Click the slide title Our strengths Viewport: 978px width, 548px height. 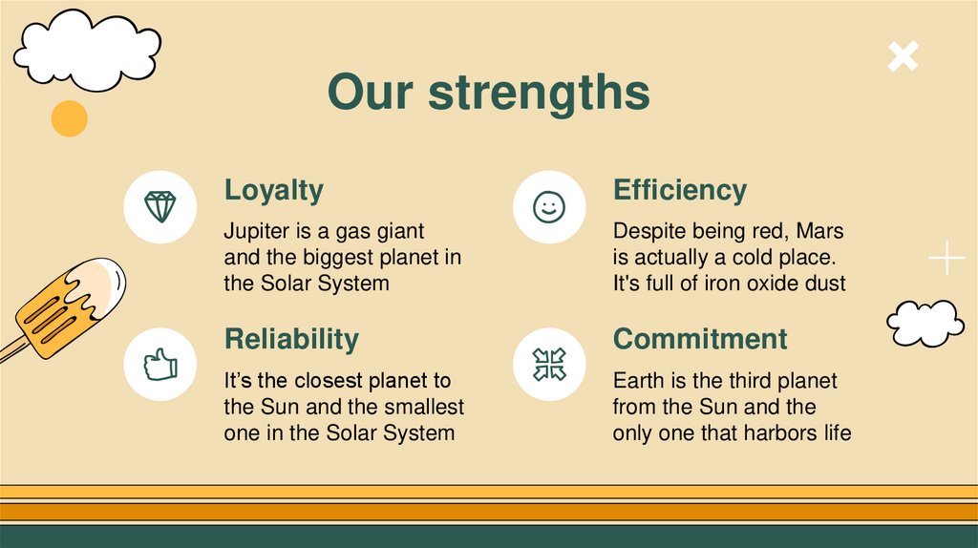(x=488, y=94)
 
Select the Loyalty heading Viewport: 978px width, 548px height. (x=273, y=190)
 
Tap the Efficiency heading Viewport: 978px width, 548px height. (x=679, y=190)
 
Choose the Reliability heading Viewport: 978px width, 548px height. (x=291, y=339)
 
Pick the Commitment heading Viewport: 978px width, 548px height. (x=700, y=339)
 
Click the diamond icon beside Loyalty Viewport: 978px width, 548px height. (x=160, y=207)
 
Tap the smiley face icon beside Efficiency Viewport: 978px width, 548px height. (x=549, y=207)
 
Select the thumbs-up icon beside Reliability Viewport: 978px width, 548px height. (x=160, y=364)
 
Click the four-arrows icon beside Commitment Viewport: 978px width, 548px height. (x=549, y=364)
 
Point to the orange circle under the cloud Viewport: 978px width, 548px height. (x=69, y=118)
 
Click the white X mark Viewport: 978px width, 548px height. (x=903, y=57)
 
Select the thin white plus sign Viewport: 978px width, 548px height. (x=946, y=259)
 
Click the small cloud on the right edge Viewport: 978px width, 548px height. (x=925, y=324)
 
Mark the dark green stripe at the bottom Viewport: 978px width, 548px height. (x=489, y=536)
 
